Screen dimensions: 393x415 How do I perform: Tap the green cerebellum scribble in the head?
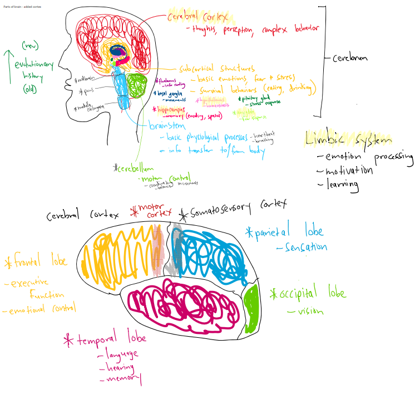coord(136,86)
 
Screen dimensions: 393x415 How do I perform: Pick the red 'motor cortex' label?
coord(152,212)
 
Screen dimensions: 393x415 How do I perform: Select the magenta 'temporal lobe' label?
coord(107,339)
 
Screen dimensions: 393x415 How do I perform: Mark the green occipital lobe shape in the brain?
coord(251,309)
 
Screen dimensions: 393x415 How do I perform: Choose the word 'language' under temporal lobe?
coord(119,354)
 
